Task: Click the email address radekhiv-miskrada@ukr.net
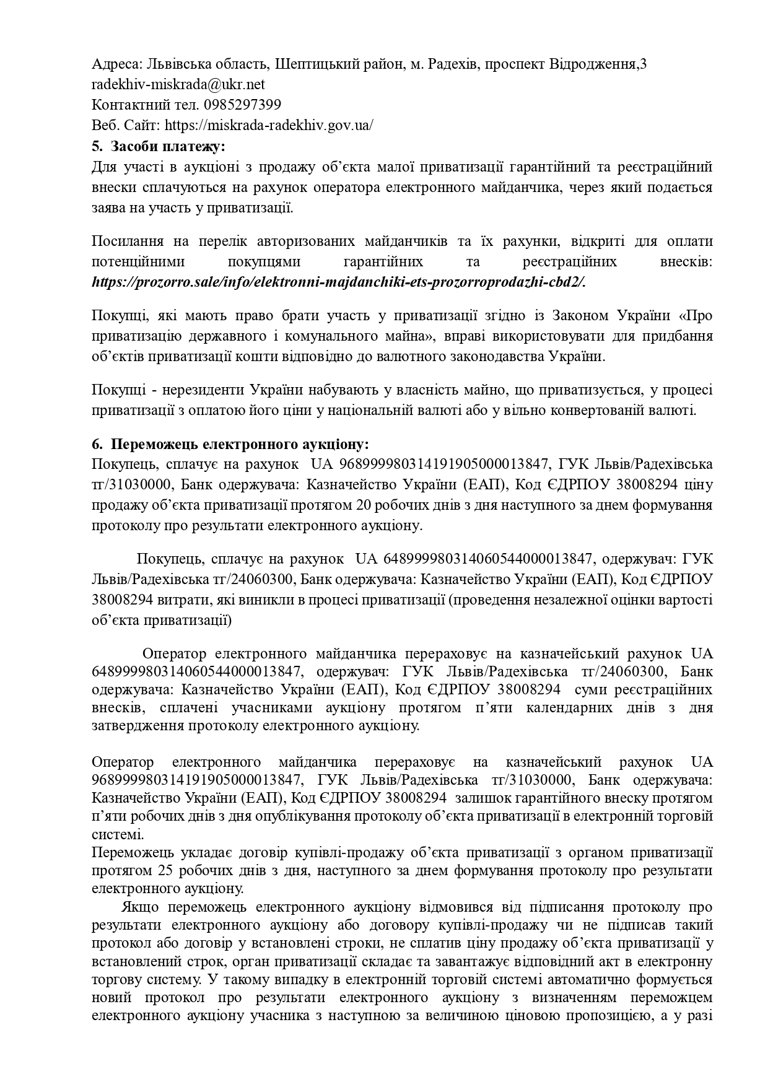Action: point(178,84)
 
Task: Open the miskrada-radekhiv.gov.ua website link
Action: point(269,125)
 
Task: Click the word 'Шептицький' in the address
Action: point(316,64)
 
